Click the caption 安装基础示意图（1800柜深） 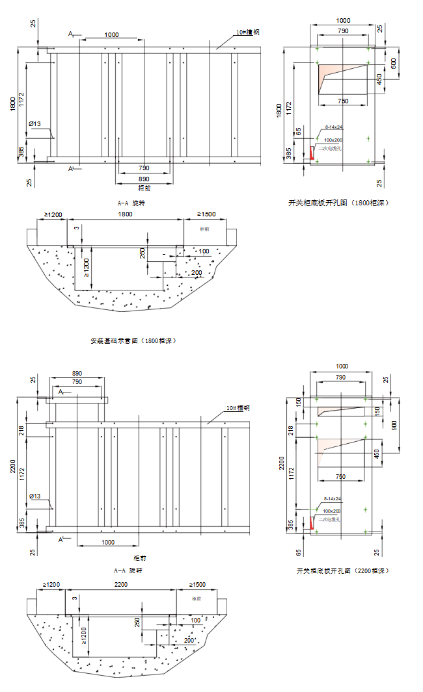point(134,340)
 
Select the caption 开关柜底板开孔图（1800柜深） point(338,203)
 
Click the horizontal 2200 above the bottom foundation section point(121,585)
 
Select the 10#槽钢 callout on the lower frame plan point(238,408)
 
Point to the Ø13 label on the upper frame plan point(35,123)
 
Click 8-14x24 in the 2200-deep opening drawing point(333,499)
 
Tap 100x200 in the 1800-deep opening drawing point(333,140)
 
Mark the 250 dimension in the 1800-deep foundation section point(142,253)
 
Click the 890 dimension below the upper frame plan point(144,178)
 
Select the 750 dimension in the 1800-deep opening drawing point(342,101)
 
